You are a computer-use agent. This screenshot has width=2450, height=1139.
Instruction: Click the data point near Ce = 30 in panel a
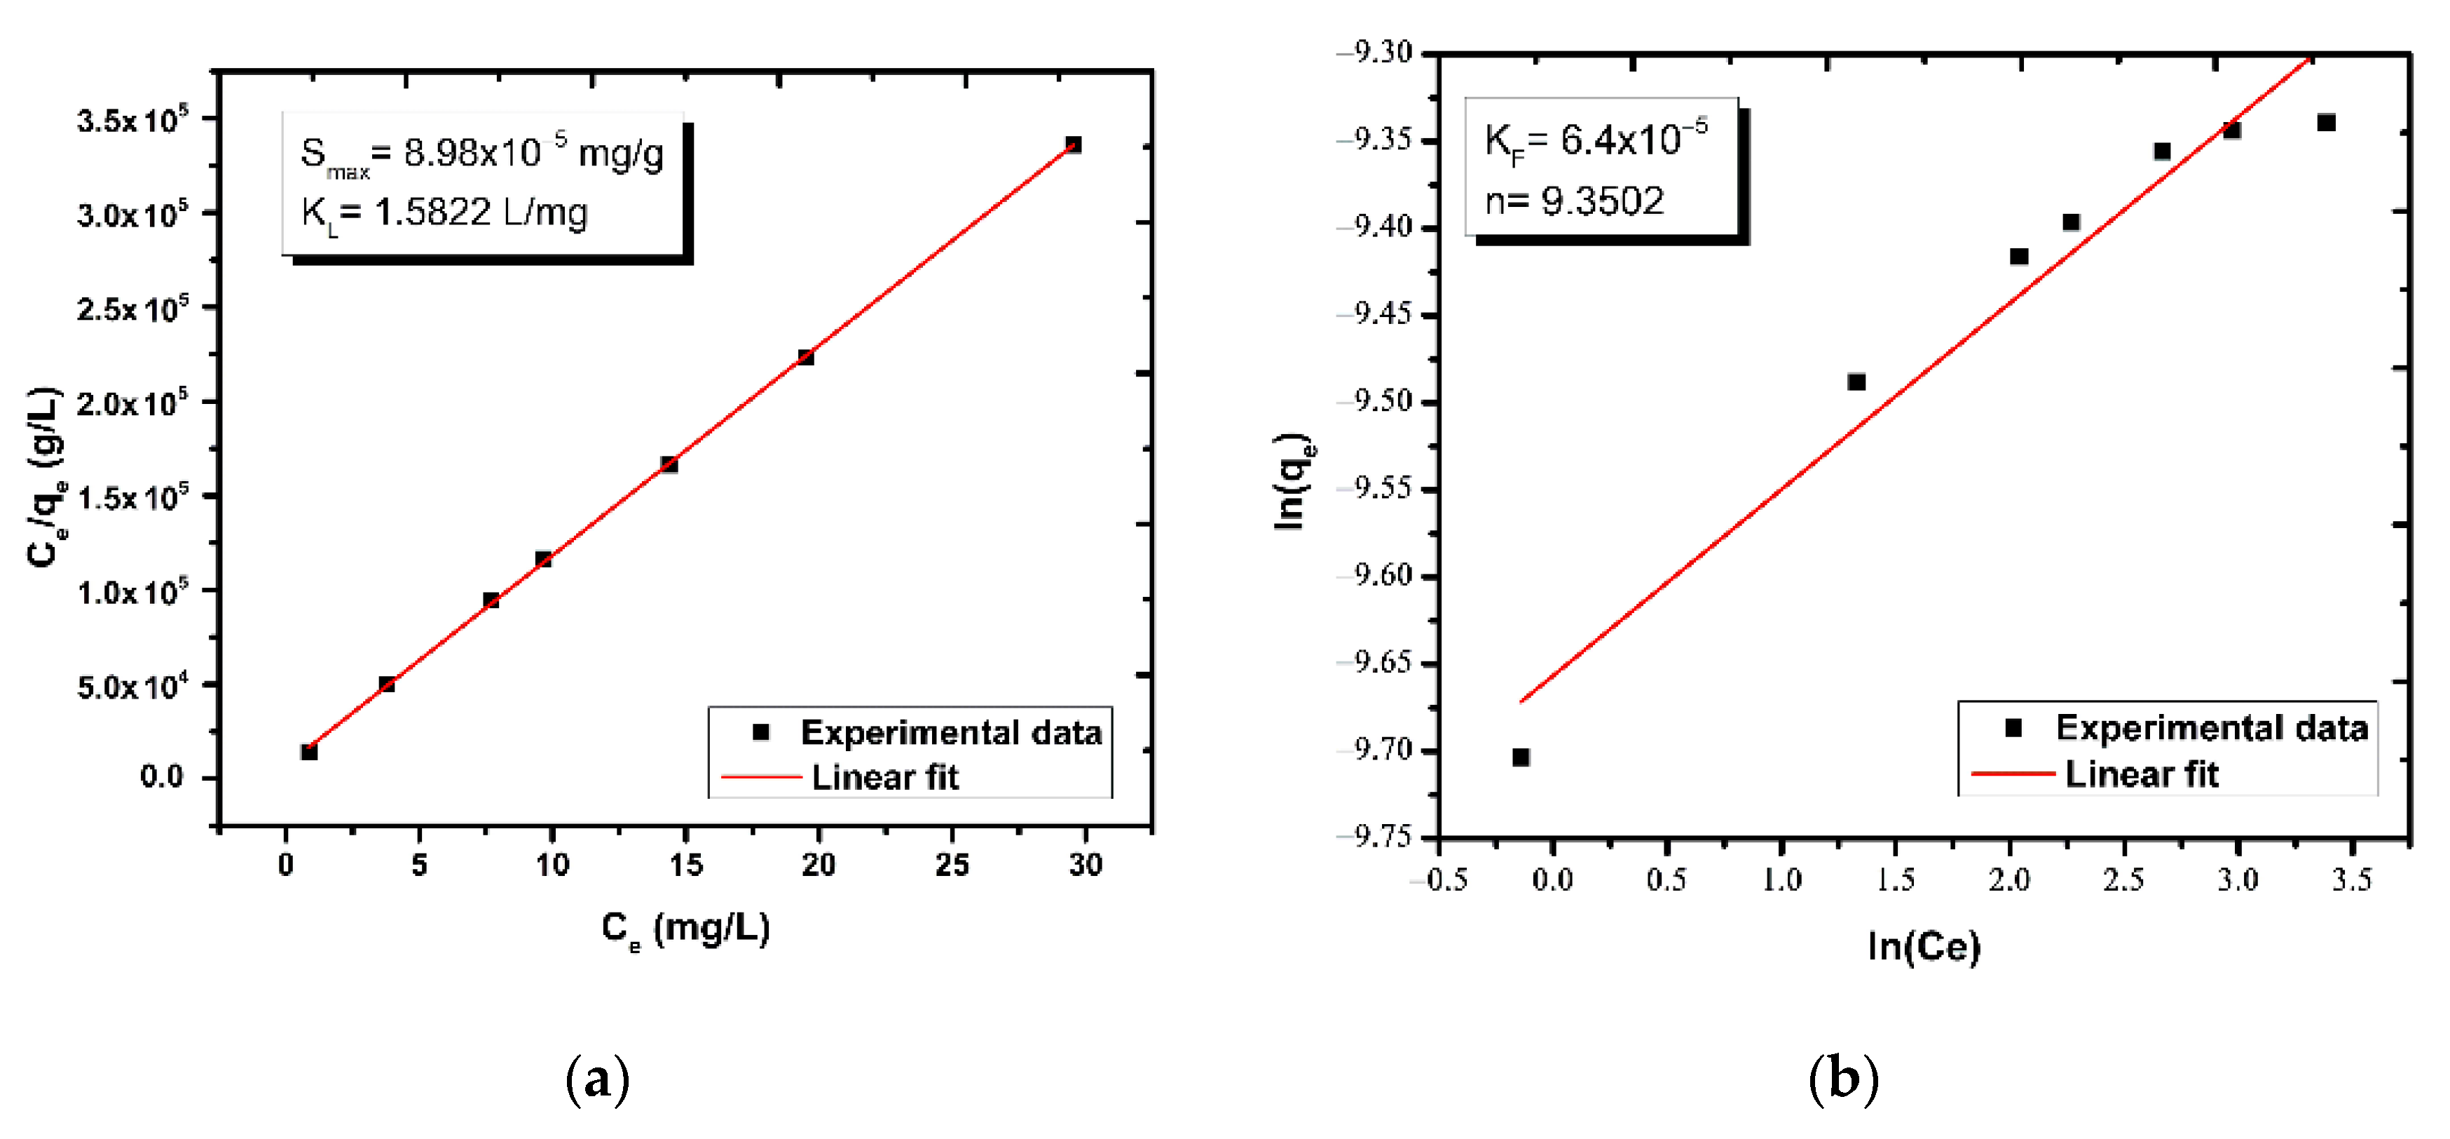[x=1073, y=144]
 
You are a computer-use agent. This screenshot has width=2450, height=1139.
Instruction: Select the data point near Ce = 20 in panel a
[x=806, y=357]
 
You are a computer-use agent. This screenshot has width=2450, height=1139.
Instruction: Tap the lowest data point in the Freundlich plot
[x=1521, y=757]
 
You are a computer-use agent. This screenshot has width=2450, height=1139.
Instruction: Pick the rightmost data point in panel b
[x=2327, y=123]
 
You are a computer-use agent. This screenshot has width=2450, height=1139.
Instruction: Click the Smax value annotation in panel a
[x=482, y=153]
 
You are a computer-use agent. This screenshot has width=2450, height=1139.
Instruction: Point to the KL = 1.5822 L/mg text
[x=444, y=213]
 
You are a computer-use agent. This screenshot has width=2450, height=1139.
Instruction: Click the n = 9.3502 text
[x=1575, y=201]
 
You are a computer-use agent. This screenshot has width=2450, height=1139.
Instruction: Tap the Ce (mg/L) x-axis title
[x=685, y=928]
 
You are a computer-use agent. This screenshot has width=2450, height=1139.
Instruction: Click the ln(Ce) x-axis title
[x=1923, y=946]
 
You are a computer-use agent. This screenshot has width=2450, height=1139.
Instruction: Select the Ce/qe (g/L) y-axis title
[x=46, y=476]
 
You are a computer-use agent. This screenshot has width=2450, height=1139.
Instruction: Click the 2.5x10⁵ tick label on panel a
[x=133, y=309]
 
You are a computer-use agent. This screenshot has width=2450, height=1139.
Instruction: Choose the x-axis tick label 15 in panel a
[x=685, y=865]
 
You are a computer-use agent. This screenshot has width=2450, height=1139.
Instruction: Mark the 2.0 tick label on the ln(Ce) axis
[x=2008, y=879]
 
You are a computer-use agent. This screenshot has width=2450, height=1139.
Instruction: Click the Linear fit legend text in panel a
[x=884, y=777]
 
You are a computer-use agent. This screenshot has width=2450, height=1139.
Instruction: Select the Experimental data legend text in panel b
[x=2211, y=728]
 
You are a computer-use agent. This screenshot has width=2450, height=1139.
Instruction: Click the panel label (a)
[x=597, y=1079]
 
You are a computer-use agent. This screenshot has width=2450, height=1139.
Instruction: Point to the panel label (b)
[x=1843, y=1079]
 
